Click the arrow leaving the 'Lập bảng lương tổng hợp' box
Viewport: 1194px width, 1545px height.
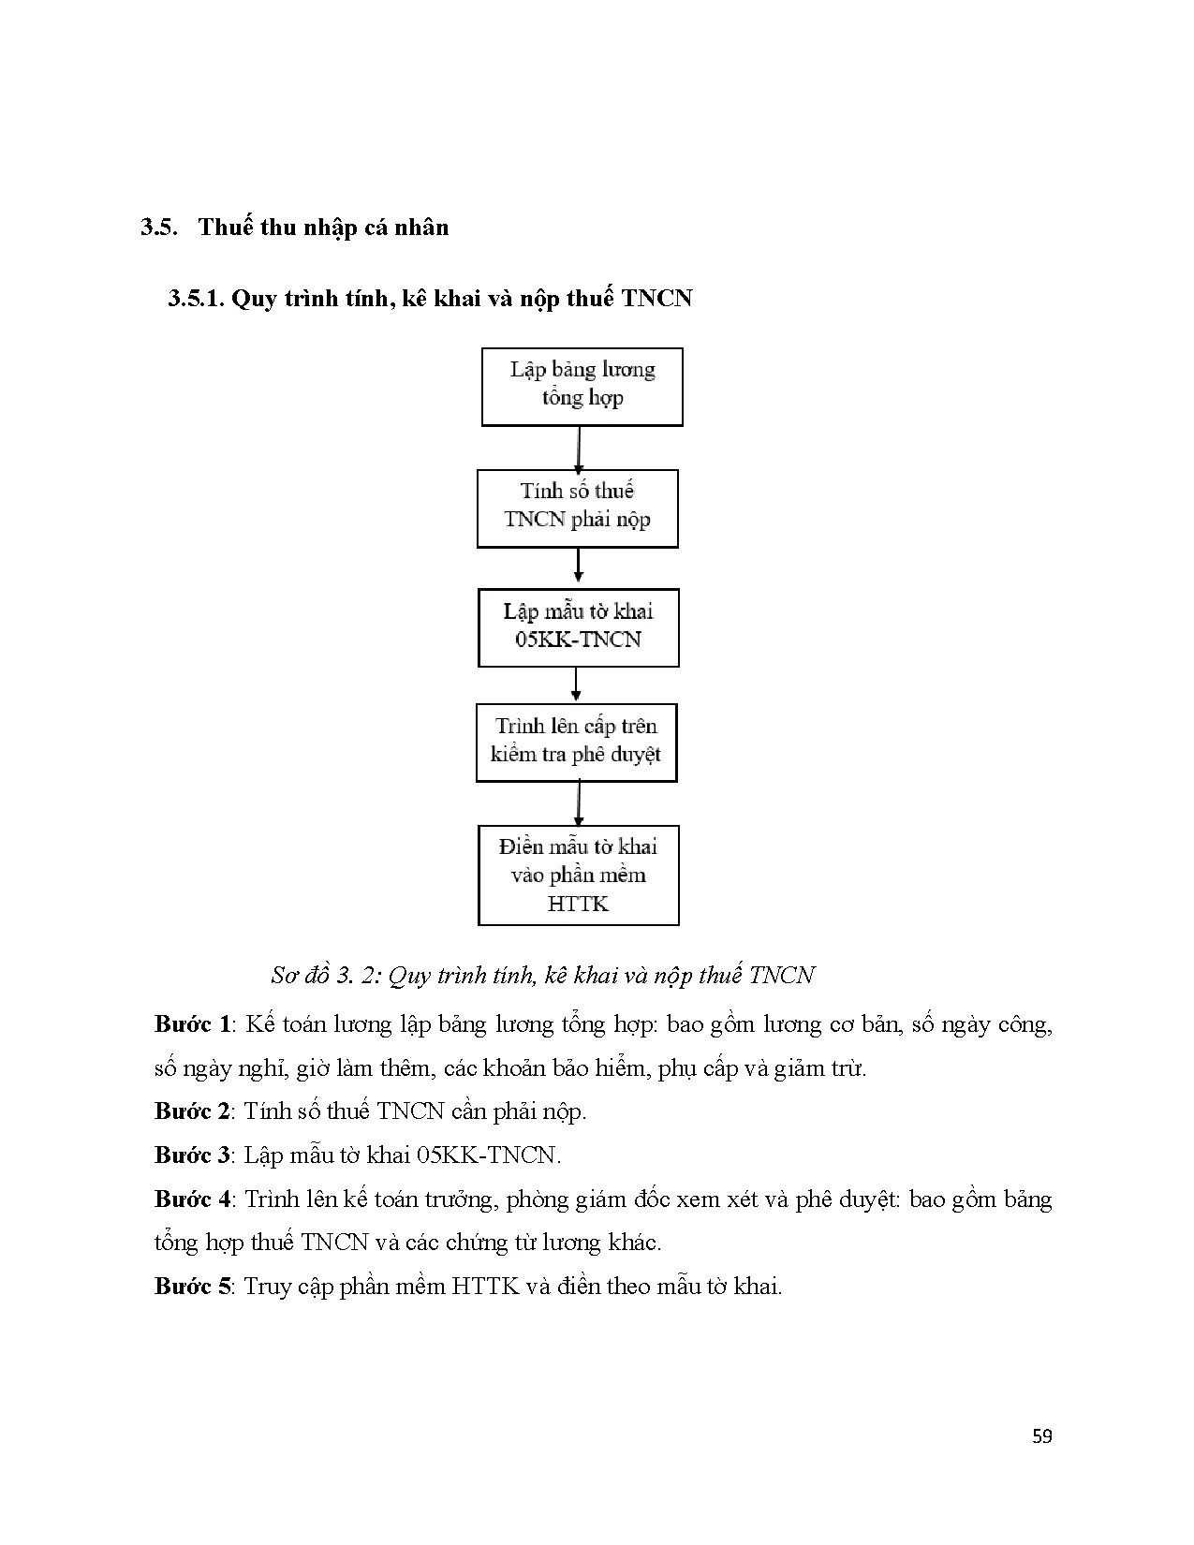(579, 450)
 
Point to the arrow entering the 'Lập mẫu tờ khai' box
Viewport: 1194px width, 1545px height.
(578, 566)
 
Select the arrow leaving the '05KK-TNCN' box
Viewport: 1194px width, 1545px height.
(576, 684)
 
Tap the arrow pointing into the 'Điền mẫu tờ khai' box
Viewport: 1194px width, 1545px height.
(579, 803)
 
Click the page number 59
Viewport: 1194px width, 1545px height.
(1041, 1436)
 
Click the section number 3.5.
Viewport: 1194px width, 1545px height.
(158, 228)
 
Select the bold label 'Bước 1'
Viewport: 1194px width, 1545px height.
(193, 1023)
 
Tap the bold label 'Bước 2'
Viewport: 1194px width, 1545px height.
(193, 1111)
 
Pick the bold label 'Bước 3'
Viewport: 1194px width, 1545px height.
(193, 1155)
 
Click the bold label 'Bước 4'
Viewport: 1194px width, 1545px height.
(193, 1199)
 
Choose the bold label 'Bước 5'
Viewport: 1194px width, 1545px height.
(193, 1286)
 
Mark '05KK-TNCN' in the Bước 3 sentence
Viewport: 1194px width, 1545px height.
(486, 1155)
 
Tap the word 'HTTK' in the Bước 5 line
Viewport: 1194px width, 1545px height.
(486, 1286)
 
